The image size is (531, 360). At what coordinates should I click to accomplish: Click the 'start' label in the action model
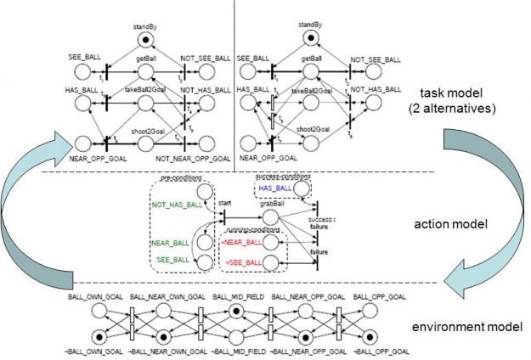(x=224, y=203)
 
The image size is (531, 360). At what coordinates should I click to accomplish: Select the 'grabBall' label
(x=274, y=203)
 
